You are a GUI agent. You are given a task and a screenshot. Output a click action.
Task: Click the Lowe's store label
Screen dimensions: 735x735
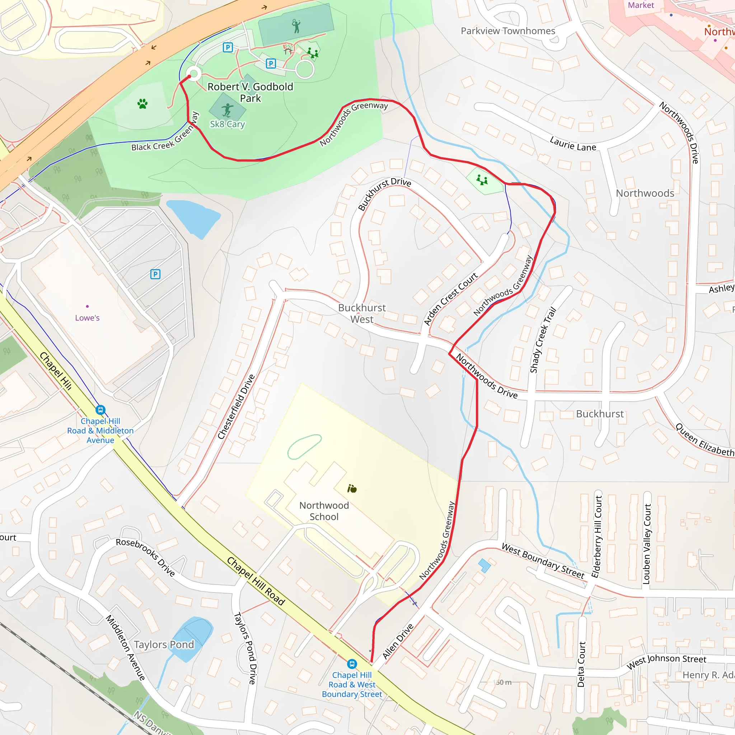[x=87, y=318]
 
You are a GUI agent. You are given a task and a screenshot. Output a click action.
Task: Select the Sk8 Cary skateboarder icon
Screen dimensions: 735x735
[x=228, y=110]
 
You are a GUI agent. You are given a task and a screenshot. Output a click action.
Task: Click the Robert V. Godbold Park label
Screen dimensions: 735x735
[x=251, y=93]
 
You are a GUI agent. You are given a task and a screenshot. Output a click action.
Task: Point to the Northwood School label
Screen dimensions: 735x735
[x=324, y=511]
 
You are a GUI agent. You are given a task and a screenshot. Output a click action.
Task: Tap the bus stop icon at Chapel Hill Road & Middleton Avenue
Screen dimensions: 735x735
[x=100, y=410]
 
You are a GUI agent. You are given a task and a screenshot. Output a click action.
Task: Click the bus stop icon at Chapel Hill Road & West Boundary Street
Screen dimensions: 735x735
[x=352, y=664]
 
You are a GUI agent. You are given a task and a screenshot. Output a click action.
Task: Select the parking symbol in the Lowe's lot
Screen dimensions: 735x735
[x=155, y=274]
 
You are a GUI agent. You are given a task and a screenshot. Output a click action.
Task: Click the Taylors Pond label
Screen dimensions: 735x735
[x=164, y=645]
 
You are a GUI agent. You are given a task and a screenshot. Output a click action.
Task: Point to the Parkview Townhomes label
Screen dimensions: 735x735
[x=508, y=31]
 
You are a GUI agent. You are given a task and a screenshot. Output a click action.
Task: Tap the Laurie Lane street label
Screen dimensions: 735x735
[x=573, y=144]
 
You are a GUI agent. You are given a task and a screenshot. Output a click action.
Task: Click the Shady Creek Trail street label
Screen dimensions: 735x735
[x=543, y=340]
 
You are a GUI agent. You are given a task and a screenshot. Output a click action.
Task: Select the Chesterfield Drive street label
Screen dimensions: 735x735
[x=236, y=407]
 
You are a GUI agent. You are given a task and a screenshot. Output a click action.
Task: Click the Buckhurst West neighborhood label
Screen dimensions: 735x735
[x=362, y=313]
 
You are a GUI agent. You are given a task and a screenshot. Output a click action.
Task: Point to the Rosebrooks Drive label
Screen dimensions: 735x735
[x=145, y=557]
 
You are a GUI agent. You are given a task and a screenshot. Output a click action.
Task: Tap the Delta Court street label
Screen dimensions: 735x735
[x=581, y=664]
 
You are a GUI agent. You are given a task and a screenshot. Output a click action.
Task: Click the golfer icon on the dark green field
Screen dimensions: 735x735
[x=296, y=26]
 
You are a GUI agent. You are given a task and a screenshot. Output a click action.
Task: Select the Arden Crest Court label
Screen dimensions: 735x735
[x=450, y=299]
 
